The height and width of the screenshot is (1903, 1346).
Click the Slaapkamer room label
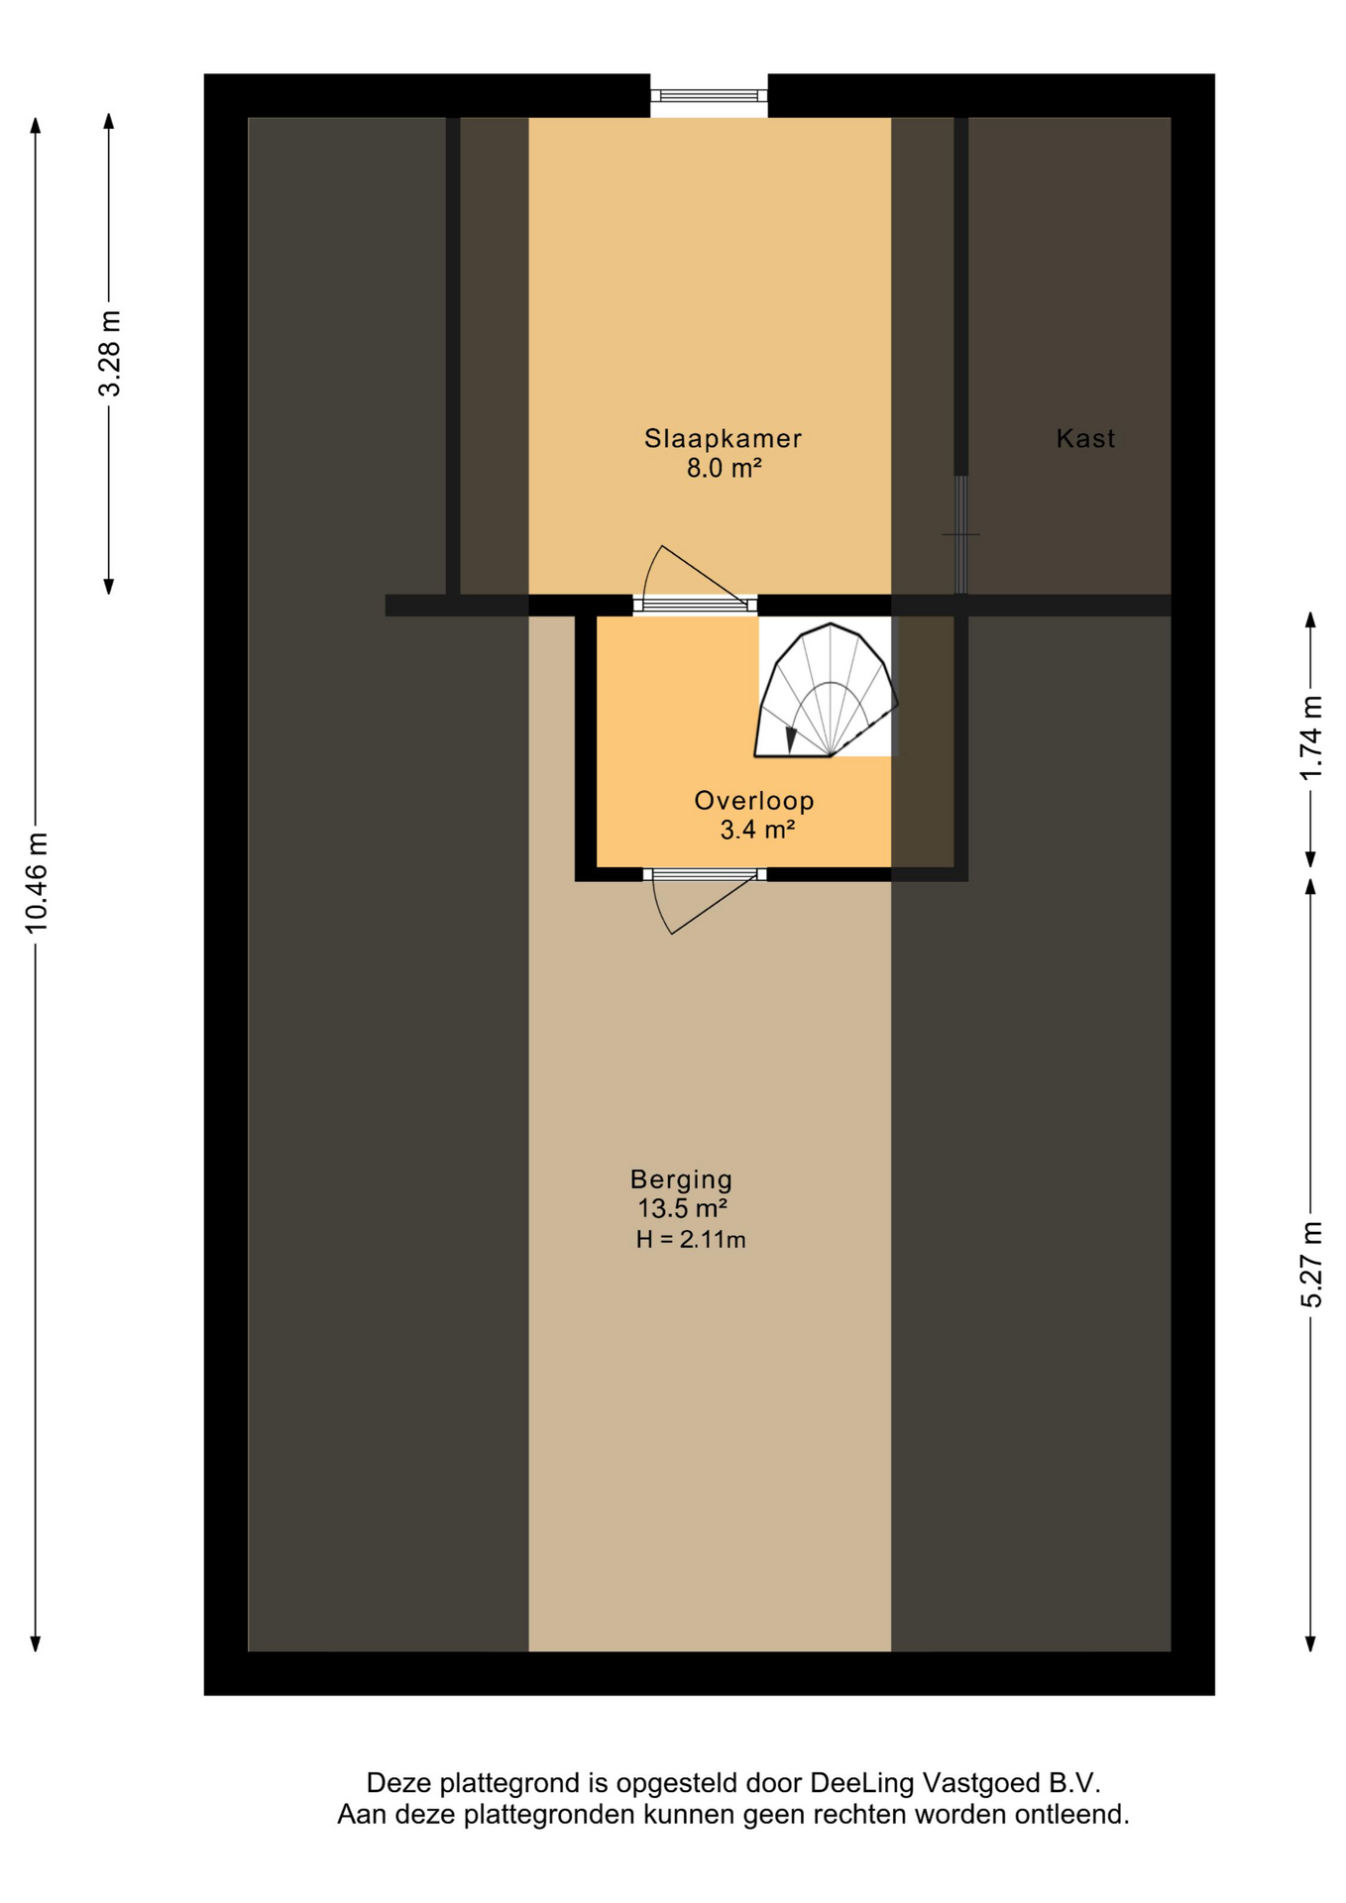(x=723, y=438)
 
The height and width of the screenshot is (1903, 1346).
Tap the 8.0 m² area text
(x=724, y=469)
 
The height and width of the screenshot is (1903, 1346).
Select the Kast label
(x=1085, y=438)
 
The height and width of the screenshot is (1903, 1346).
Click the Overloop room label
(x=753, y=800)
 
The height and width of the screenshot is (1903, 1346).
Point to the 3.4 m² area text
(x=756, y=830)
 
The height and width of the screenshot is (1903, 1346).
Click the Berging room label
(x=681, y=1179)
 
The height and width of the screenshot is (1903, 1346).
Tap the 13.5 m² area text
(x=682, y=1209)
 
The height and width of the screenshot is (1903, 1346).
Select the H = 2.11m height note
(x=691, y=1239)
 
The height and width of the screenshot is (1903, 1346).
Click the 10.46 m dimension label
(x=37, y=883)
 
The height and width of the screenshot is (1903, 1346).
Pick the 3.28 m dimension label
(x=110, y=353)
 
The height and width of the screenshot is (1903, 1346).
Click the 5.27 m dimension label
(x=1310, y=1265)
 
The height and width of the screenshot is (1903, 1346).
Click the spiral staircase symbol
(x=826, y=691)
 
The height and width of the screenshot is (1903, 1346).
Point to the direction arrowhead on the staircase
(x=791, y=738)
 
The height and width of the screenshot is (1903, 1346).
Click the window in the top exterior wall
(x=709, y=96)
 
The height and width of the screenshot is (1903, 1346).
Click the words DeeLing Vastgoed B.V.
(x=954, y=1783)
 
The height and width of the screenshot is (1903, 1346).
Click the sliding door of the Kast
(x=960, y=535)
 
